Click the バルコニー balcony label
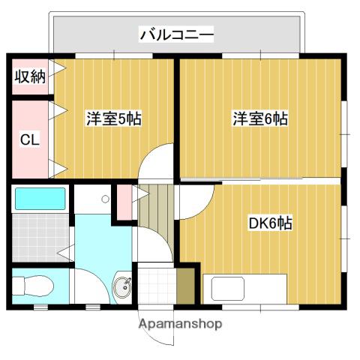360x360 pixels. coord(176,34)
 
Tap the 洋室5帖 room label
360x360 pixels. coord(114,118)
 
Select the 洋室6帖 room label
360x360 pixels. coord(260,118)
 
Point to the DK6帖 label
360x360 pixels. coord(270,223)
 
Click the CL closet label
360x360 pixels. coord(30,139)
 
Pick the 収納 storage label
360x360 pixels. coord(30,76)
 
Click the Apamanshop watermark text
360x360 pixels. coord(180,324)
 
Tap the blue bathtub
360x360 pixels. coord(40,199)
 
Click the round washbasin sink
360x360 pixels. coord(122,287)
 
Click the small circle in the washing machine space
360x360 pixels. coord(105,199)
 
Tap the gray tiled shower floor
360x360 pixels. coord(40,238)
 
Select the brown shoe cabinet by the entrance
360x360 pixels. coord(186,286)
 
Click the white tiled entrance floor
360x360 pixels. coord(157,286)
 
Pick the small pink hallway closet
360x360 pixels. coord(124,202)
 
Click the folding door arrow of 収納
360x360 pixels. coord(57,68)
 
